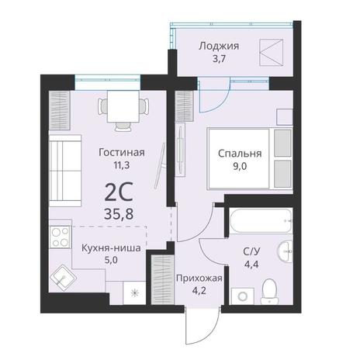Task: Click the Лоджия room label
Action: pos(219,47)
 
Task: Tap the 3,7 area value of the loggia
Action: pos(219,59)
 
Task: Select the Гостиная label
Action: pos(122,152)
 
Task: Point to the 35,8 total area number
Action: pos(119,214)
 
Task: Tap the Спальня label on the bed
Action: pos(240,154)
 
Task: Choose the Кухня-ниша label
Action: pos(111,248)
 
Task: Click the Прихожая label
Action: pos(199,279)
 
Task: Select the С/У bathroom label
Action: pos(251,251)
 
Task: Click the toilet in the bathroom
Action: pos(269,292)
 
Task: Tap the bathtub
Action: pos(261,221)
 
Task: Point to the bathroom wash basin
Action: pos(285,251)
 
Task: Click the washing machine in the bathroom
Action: pos(242,296)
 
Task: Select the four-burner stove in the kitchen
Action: pos(60,237)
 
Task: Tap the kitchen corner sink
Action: pos(63,278)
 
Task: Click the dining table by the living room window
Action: pos(123,106)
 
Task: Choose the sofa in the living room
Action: pos(65,171)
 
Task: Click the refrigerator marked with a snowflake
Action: pos(134,293)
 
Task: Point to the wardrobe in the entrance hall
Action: pos(162,280)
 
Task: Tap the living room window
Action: pos(108,82)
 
